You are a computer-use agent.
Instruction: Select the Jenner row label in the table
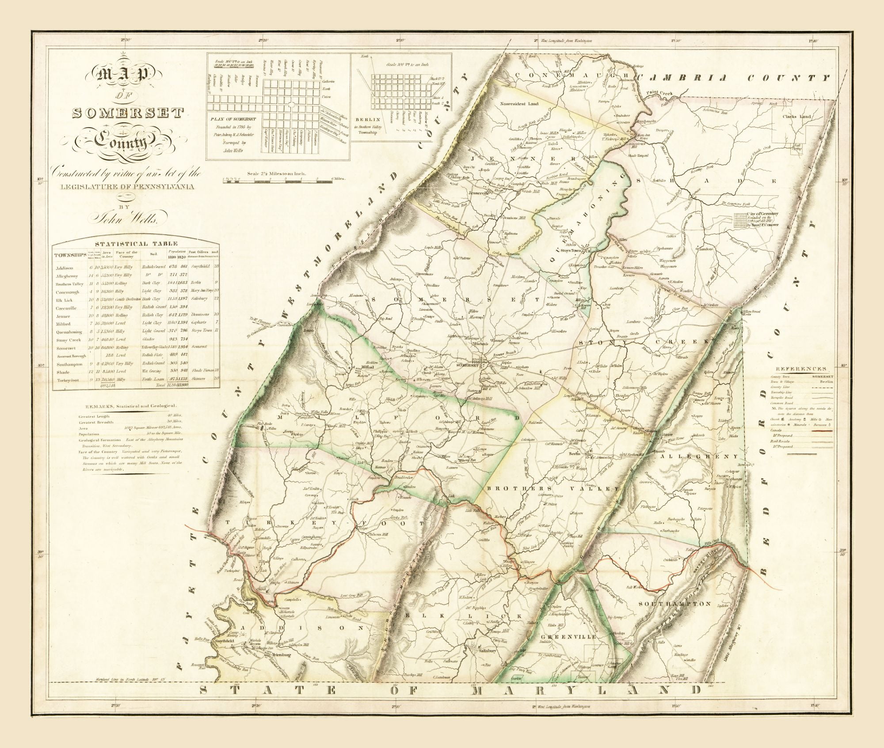point(63,316)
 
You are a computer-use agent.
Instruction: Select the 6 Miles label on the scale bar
point(337,179)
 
